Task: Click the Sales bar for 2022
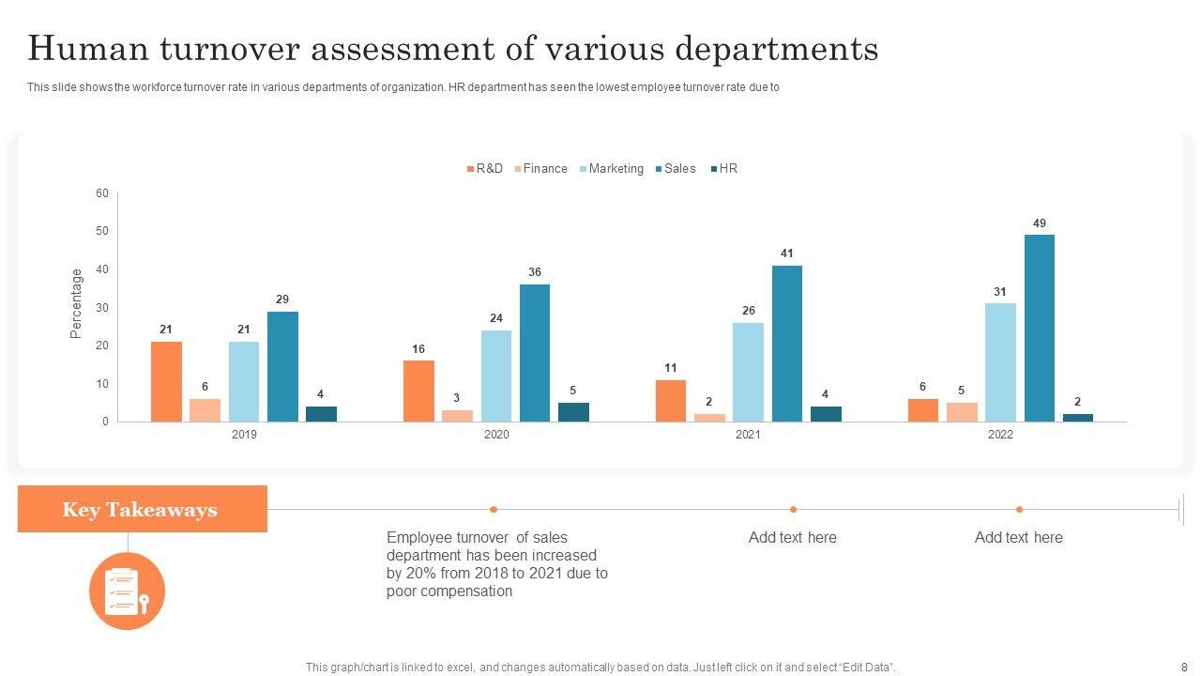[x=1039, y=328]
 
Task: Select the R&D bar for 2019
[x=166, y=381]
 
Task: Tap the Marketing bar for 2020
[x=496, y=376]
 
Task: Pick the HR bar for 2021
[x=826, y=414]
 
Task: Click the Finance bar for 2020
[x=458, y=416]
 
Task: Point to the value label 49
[x=1039, y=223]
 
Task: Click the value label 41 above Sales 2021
[x=787, y=253]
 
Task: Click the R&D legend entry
[x=485, y=169]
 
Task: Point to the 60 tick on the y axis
[x=101, y=193]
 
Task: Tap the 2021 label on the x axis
[x=748, y=435]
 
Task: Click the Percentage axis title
[x=77, y=303]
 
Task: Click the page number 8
[x=1184, y=667]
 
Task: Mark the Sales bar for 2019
[x=282, y=366]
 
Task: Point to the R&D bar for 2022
[x=922, y=410]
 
